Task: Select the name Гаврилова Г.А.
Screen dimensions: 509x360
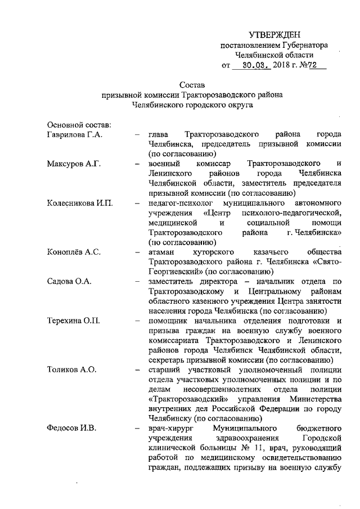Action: pos(79,135)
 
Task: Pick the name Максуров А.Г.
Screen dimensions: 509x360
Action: pos(74,164)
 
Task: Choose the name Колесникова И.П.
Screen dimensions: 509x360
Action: pos(80,202)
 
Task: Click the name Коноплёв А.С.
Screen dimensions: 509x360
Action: pos(75,252)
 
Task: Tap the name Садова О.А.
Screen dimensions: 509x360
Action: pos(69,281)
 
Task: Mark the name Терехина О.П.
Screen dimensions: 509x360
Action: pos(74,321)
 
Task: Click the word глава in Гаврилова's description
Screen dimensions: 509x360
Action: pos(159,135)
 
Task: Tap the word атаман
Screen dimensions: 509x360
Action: pos(163,252)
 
